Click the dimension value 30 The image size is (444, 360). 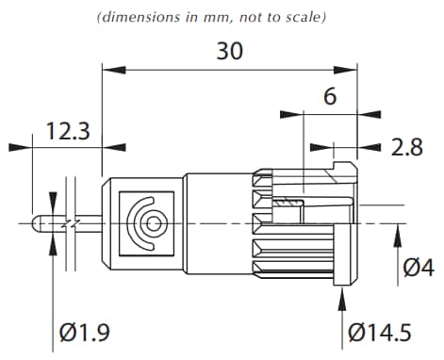(229, 50)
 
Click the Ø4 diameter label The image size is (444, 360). (418, 267)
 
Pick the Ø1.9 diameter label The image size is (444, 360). (87, 332)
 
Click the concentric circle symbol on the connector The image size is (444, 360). (150, 222)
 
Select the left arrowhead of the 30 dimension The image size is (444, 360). (108, 69)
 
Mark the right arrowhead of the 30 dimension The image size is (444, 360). (351, 69)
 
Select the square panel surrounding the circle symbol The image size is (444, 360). (149, 222)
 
